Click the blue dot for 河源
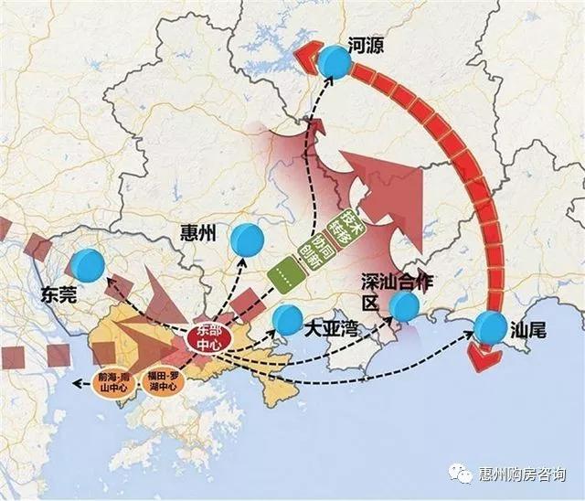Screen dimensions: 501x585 point(335,63)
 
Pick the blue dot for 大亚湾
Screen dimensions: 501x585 point(288,319)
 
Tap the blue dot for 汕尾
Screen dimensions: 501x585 point(491,327)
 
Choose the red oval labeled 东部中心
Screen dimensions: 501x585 point(209,337)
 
